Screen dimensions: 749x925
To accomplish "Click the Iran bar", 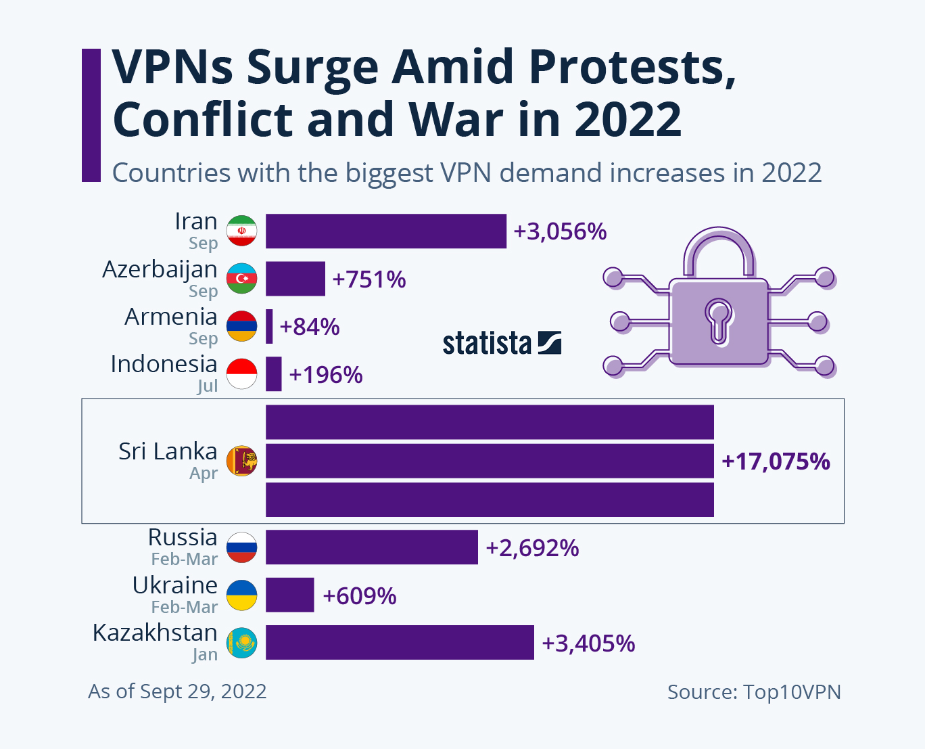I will click(385, 231).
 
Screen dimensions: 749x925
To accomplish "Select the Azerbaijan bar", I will click(295, 279).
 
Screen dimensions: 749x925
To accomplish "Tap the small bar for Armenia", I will click(270, 327).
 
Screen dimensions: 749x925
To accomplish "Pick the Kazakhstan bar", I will click(400, 642).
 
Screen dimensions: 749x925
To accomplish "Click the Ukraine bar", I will click(290, 595).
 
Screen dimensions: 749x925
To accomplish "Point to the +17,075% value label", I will click(776, 461).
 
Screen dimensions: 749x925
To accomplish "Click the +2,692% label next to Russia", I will click(532, 547).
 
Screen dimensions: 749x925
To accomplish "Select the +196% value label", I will click(326, 374).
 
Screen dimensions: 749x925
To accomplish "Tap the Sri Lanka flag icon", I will click(241, 461).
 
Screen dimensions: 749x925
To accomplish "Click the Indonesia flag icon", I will click(241, 374).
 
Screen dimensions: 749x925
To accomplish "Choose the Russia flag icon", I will click(241, 547).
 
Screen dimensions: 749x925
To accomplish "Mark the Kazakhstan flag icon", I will click(241, 642).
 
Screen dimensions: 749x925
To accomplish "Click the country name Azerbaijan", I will click(160, 269).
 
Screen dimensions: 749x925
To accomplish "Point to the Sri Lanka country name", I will click(168, 451).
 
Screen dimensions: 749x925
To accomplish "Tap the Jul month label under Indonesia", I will click(207, 386).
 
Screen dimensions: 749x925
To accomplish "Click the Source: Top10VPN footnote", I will click(754, 691).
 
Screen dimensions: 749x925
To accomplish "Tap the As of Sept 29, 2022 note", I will click(177, 691).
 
